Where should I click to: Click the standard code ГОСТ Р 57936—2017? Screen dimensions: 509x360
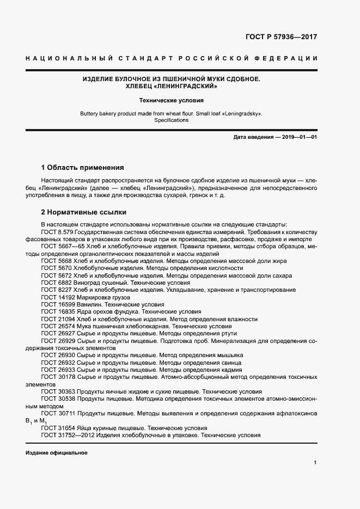pos(281,38)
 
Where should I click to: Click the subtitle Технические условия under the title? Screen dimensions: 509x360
pos(171,101)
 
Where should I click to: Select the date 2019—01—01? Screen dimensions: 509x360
pos(300,138)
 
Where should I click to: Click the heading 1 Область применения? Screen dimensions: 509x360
pos(83,167)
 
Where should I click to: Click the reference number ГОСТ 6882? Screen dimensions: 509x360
pos(56,283)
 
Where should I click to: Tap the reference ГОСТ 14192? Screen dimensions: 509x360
pos(58,298)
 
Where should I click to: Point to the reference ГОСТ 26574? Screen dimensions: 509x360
pos(58,326)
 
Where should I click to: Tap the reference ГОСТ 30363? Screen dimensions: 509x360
pos(58,391)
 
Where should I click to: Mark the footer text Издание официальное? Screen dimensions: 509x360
pos(56,453)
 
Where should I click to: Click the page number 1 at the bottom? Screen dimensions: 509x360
pos(315,462)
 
